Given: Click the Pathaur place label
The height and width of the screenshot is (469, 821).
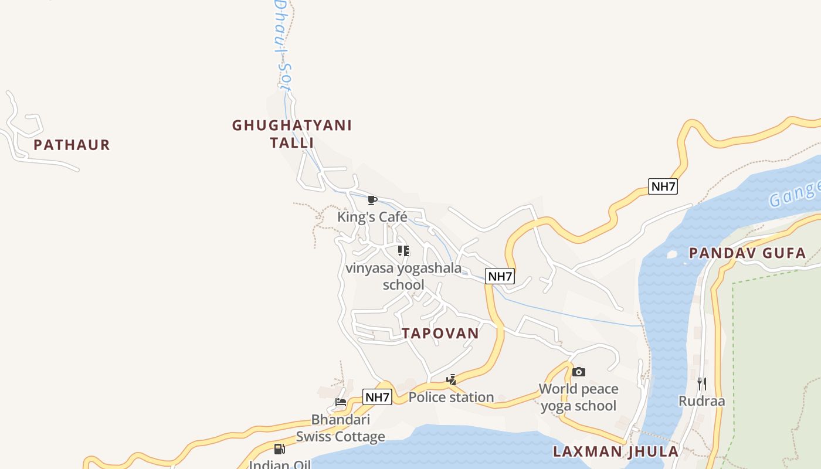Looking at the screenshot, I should [x=72, y=145].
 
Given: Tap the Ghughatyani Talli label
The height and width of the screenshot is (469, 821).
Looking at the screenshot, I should [x=292, y=134].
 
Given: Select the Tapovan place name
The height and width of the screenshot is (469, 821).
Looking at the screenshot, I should [x=440, y=333].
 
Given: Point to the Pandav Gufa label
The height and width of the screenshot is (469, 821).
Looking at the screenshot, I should [x=747, y=253].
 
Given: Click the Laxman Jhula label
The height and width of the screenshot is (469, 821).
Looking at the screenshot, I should [x=616, y=451].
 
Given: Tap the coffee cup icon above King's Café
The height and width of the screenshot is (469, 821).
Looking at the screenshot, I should [x=372, y=200].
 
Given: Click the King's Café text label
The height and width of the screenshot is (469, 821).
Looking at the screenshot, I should [x=372, y=217].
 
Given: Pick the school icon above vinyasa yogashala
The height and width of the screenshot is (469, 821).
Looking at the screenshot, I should [x=403, y=251].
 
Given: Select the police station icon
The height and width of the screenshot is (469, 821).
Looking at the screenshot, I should [x=451, y=380].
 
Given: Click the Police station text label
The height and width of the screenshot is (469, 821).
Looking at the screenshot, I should [x=451, y=397].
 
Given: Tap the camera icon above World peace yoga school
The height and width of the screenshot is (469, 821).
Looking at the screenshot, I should [x=579, y=372].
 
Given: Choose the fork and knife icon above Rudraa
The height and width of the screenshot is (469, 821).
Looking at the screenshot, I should [x=701, y=384].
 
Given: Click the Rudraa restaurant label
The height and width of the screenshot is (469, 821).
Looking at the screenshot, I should [x=701, y=401].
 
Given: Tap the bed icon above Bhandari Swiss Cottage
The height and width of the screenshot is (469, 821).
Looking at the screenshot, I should [x=341, y=402].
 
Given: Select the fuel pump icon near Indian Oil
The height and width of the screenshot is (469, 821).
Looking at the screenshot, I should [x=280, y=449].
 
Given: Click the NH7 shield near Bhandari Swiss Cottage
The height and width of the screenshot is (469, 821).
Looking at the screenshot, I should [x=377, y=397].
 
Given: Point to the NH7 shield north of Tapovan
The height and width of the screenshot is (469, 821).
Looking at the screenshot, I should [x=500, y=276].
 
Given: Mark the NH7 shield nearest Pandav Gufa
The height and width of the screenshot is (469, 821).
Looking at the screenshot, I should [x=663, y=186].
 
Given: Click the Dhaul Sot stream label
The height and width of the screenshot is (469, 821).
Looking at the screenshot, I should [x=283, y=44].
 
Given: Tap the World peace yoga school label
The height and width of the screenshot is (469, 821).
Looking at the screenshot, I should [x=578, y=397].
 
